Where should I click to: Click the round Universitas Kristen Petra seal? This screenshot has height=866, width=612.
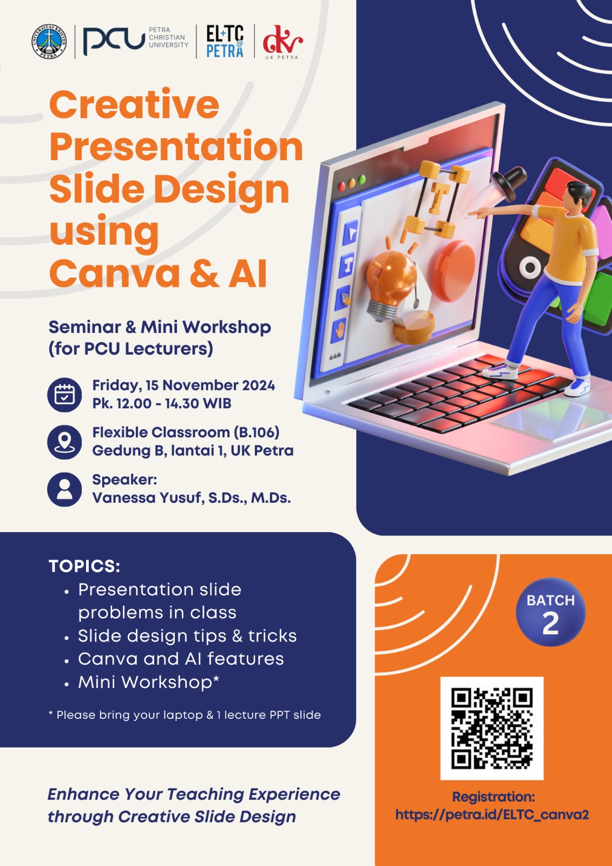pyautogui.click(x=49, y=42)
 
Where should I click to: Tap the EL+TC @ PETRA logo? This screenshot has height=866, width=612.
pyautogui.click(x=225, y=41)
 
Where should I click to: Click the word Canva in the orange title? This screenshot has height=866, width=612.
pyautogui.click(x=115, y=273)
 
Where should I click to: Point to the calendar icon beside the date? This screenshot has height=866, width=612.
pyautogui.click(x=64, y=395)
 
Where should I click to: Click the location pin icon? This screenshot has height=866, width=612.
pyautogui.click(x=64, y=442)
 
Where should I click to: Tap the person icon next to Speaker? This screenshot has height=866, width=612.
pyautogui.click(x=64, y=489)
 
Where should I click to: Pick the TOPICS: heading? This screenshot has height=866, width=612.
pyautogui.click(x=84, y=566)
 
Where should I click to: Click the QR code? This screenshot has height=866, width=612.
pyautogui.click(x=492, y=729)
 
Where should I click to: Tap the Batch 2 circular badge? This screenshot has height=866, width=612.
pyautogui.click(x=550, y=612)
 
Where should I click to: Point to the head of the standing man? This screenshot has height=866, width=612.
pyautogui.click(x=577, y=194)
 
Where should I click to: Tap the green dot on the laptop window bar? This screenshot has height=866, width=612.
pyautogui.click(x=362, y=179)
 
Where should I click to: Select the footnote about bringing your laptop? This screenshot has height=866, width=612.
pyautogui.click(x=185, y=715)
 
